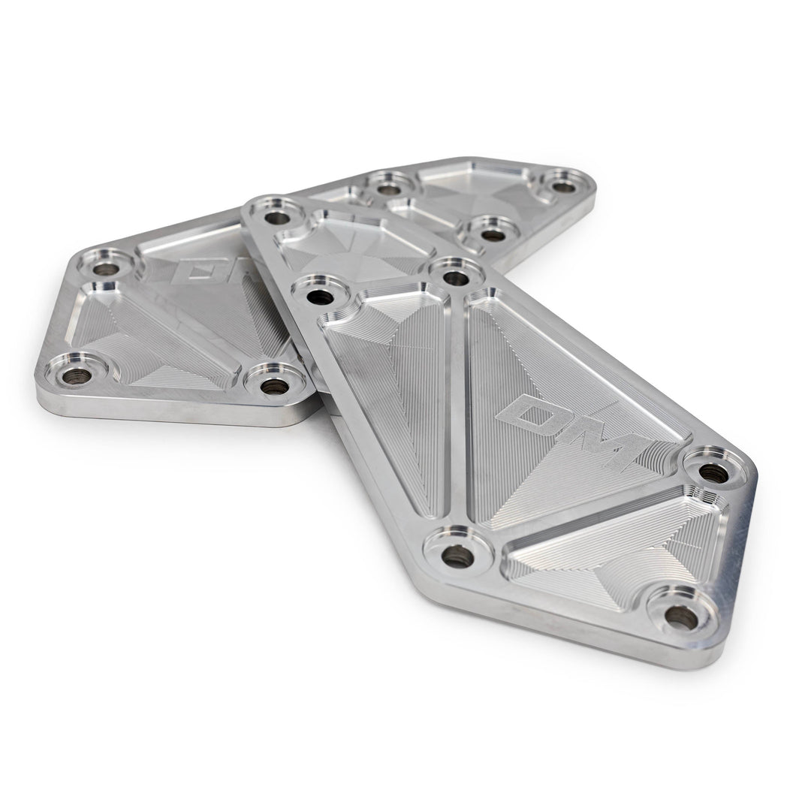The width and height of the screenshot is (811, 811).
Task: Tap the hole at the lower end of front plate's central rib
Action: pyautogui.click(x=457, y=556)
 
